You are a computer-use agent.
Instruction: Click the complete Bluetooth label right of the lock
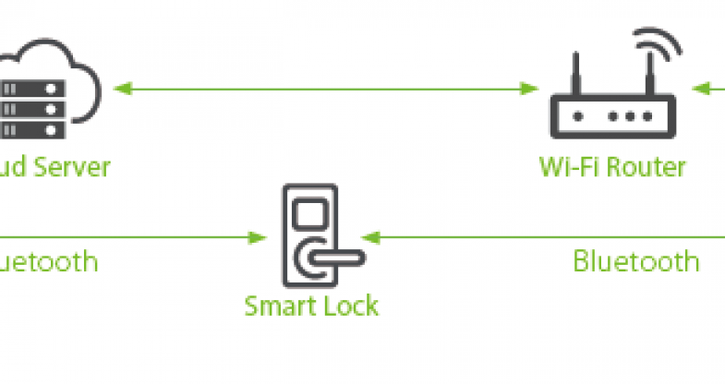[635, 260]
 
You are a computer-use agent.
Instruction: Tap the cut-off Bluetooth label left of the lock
[48, 260]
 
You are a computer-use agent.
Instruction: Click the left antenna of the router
[574, 73]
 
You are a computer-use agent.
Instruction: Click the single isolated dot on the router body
[578, 117]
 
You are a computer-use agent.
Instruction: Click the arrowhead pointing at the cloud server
[121, 90]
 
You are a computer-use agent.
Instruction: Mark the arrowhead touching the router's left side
[530, 90]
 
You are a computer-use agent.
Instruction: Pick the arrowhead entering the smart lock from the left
[259, 237]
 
